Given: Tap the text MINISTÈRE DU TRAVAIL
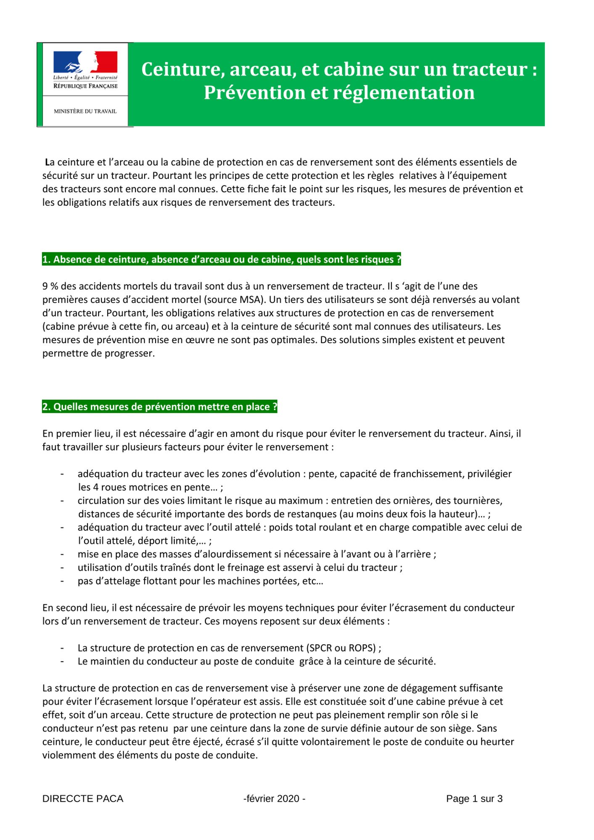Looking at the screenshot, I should pos(85,111).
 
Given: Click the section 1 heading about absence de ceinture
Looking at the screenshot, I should pos(222,260).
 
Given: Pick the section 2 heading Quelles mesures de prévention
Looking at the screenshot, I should pos(160,407).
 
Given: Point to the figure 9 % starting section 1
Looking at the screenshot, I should pos(50,286).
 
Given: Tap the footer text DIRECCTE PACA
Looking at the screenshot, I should pos(83,798).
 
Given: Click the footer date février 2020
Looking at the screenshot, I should pos(275,798).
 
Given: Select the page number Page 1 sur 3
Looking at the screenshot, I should pos(474,798).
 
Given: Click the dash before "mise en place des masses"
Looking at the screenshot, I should pos(62,554).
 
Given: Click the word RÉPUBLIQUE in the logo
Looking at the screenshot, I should pos(70,86).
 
